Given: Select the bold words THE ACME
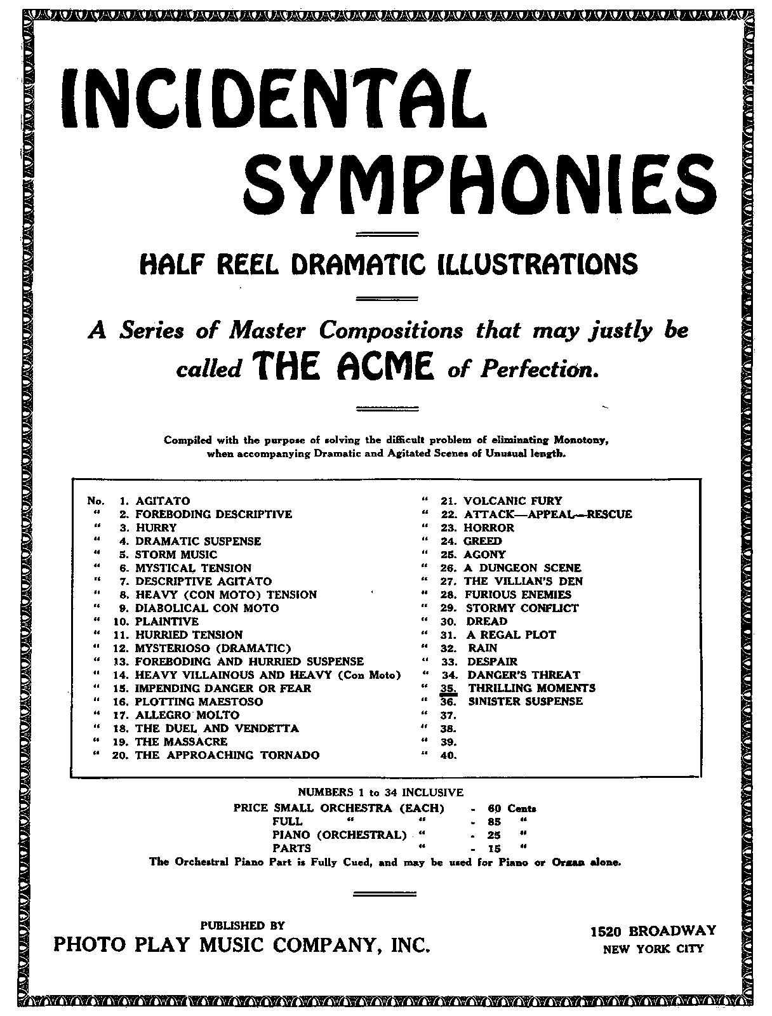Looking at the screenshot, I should [x=343, y=368].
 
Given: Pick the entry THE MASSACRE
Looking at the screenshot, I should [x=181, y=742].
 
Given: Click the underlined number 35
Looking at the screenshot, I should [x=448, y=688].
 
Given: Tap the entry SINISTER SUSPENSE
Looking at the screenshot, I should [x=525, y=702].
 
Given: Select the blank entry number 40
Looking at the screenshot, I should [x=448, y=755].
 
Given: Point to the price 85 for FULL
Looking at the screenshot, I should [x=495, y=822].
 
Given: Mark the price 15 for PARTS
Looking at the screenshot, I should [x=495, y=848].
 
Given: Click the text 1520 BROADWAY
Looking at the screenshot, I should [x=653, y=931].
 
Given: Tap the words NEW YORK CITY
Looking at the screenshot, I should [x=653, y=949].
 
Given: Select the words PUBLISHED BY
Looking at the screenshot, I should [x=243, y=925].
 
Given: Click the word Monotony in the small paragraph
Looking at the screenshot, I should [x=582, y=440].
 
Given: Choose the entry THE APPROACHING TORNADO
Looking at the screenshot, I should [x=227, y=755].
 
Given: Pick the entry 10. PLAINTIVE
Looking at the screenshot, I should [x=167, y=621].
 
